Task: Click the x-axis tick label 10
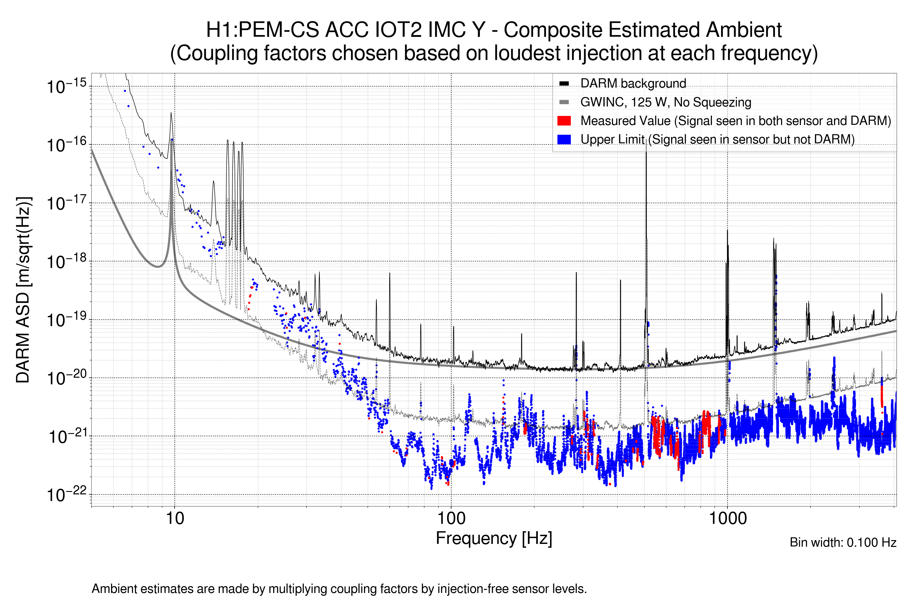pos(175,518)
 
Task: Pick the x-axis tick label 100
pos(451,518)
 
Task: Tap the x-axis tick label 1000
pos(727,518)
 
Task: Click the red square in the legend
pos(564,120)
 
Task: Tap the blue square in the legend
pos(564,139)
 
